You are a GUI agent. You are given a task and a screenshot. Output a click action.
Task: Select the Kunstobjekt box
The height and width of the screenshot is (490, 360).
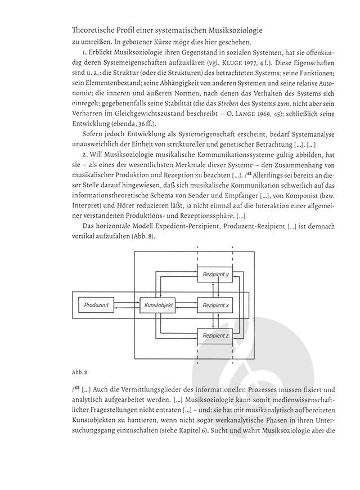158,305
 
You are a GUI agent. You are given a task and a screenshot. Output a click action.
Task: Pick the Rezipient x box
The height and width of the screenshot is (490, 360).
216,305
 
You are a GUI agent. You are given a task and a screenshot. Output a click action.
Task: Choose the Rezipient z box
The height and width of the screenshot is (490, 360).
216,336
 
